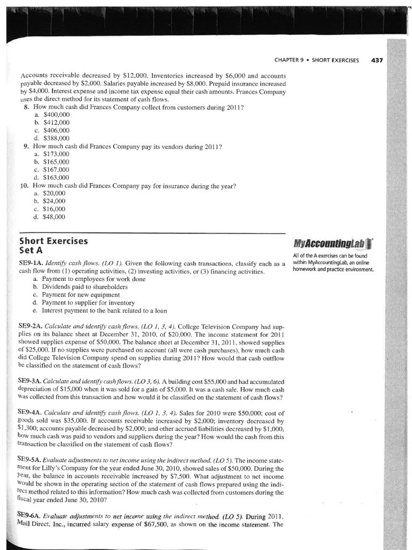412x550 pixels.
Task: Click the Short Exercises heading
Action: pyautogui.click(x=53, y=241)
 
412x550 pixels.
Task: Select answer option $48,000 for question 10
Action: pyautogui.click(x=54, y=216)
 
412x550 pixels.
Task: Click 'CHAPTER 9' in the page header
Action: pyautogui.click(x=289, y=60)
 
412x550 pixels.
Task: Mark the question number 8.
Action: pyautogui.click(x=27, y=107)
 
